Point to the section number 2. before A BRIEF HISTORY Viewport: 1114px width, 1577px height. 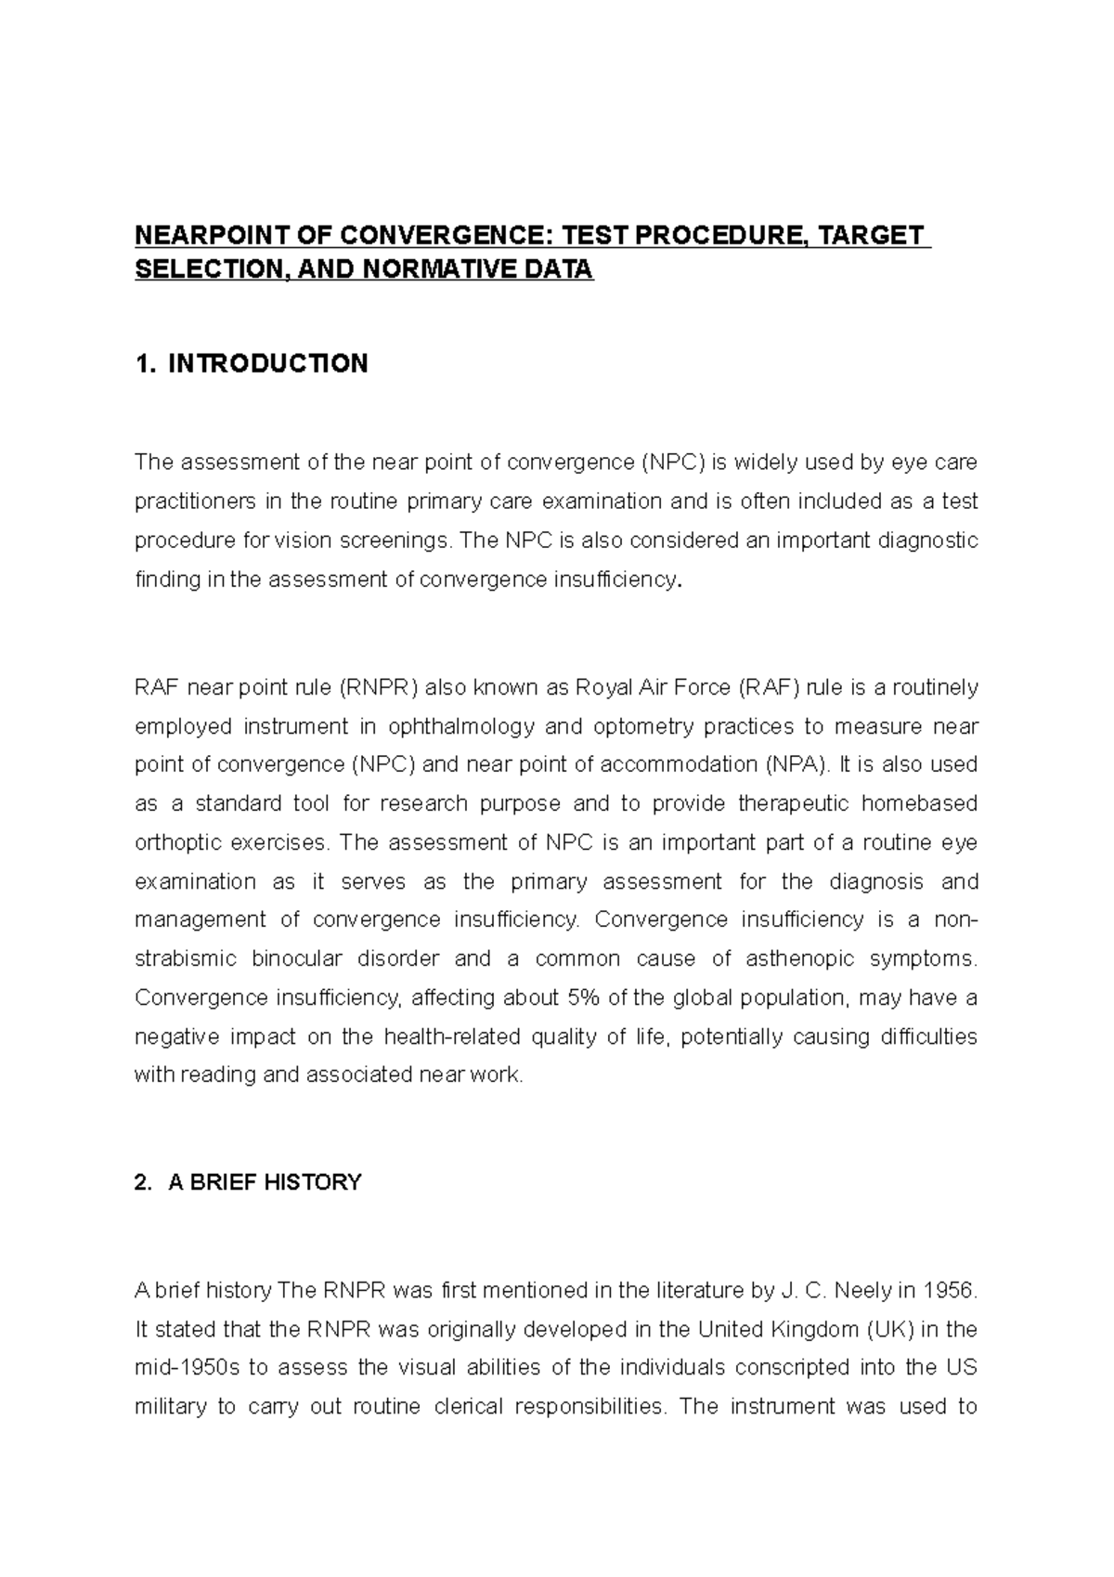coord(142,1182)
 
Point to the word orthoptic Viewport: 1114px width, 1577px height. coord(175,843)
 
